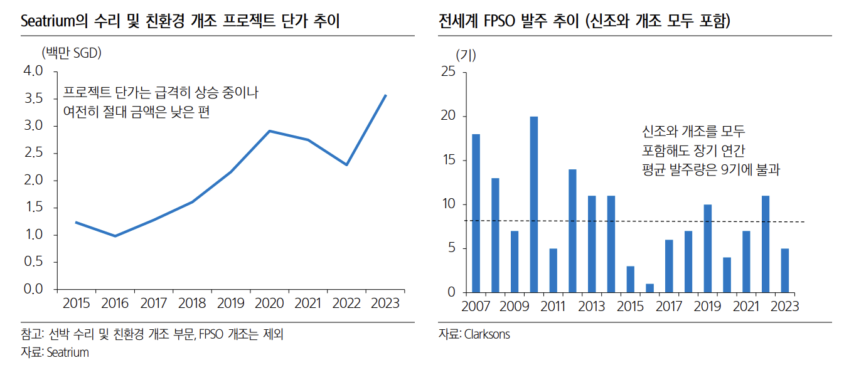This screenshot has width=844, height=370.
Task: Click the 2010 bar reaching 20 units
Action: [x=534, y=204]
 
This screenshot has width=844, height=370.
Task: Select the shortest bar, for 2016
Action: [x=650, y=288]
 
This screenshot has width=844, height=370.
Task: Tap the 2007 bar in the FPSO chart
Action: [x=476, y=213]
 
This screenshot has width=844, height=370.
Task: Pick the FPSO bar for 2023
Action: [x=785, y=271]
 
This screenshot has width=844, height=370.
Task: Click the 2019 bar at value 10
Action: [x=708, y=248]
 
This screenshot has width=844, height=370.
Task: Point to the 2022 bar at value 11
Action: [x=766, y=244]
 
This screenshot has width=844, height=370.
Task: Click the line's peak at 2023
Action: [x=385, y=95]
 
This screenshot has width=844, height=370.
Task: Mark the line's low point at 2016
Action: [x=115, y=236]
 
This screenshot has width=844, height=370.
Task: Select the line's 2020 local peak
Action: [x=269, y=131]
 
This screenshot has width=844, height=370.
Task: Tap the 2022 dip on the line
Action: [x=346, y=165]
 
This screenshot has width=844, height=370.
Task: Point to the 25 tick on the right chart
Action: [x=448, y=72]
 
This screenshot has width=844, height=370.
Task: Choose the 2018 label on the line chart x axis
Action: [x=192, y=304]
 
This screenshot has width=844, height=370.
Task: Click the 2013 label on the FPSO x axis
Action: [x=592, y=307]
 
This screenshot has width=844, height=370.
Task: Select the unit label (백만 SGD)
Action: [x=71, y=53]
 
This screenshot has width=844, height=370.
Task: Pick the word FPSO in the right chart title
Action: [x=500, y=22]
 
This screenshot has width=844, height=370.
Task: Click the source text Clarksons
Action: [x=487, y=334]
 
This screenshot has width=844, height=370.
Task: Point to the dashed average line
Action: [x=628, y=221]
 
